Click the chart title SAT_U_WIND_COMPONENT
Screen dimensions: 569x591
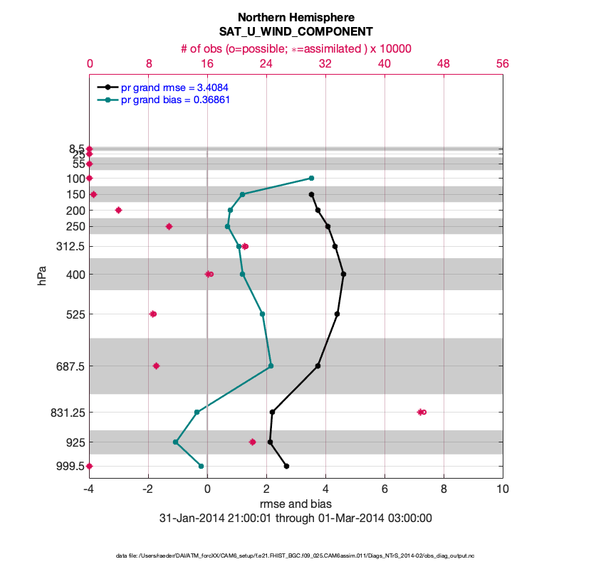295,32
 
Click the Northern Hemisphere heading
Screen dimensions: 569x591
295,17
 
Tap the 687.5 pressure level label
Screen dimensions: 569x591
70,366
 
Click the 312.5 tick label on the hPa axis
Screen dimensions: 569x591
70,246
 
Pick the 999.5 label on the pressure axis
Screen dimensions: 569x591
70,466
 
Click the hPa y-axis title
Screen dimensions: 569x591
43,276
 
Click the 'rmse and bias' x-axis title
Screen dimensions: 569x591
295,504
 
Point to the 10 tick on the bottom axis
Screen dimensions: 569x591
503,489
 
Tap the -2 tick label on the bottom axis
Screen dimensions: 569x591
148,489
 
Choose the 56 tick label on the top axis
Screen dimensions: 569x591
503,63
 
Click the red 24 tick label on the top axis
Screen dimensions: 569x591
266,63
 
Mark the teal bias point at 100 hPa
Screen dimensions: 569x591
311,178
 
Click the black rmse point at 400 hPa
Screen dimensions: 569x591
343,274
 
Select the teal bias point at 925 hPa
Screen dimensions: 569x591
176,442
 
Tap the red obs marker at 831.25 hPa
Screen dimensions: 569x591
422,412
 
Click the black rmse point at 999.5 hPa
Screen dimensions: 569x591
286,466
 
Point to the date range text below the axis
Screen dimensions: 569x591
295,519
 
